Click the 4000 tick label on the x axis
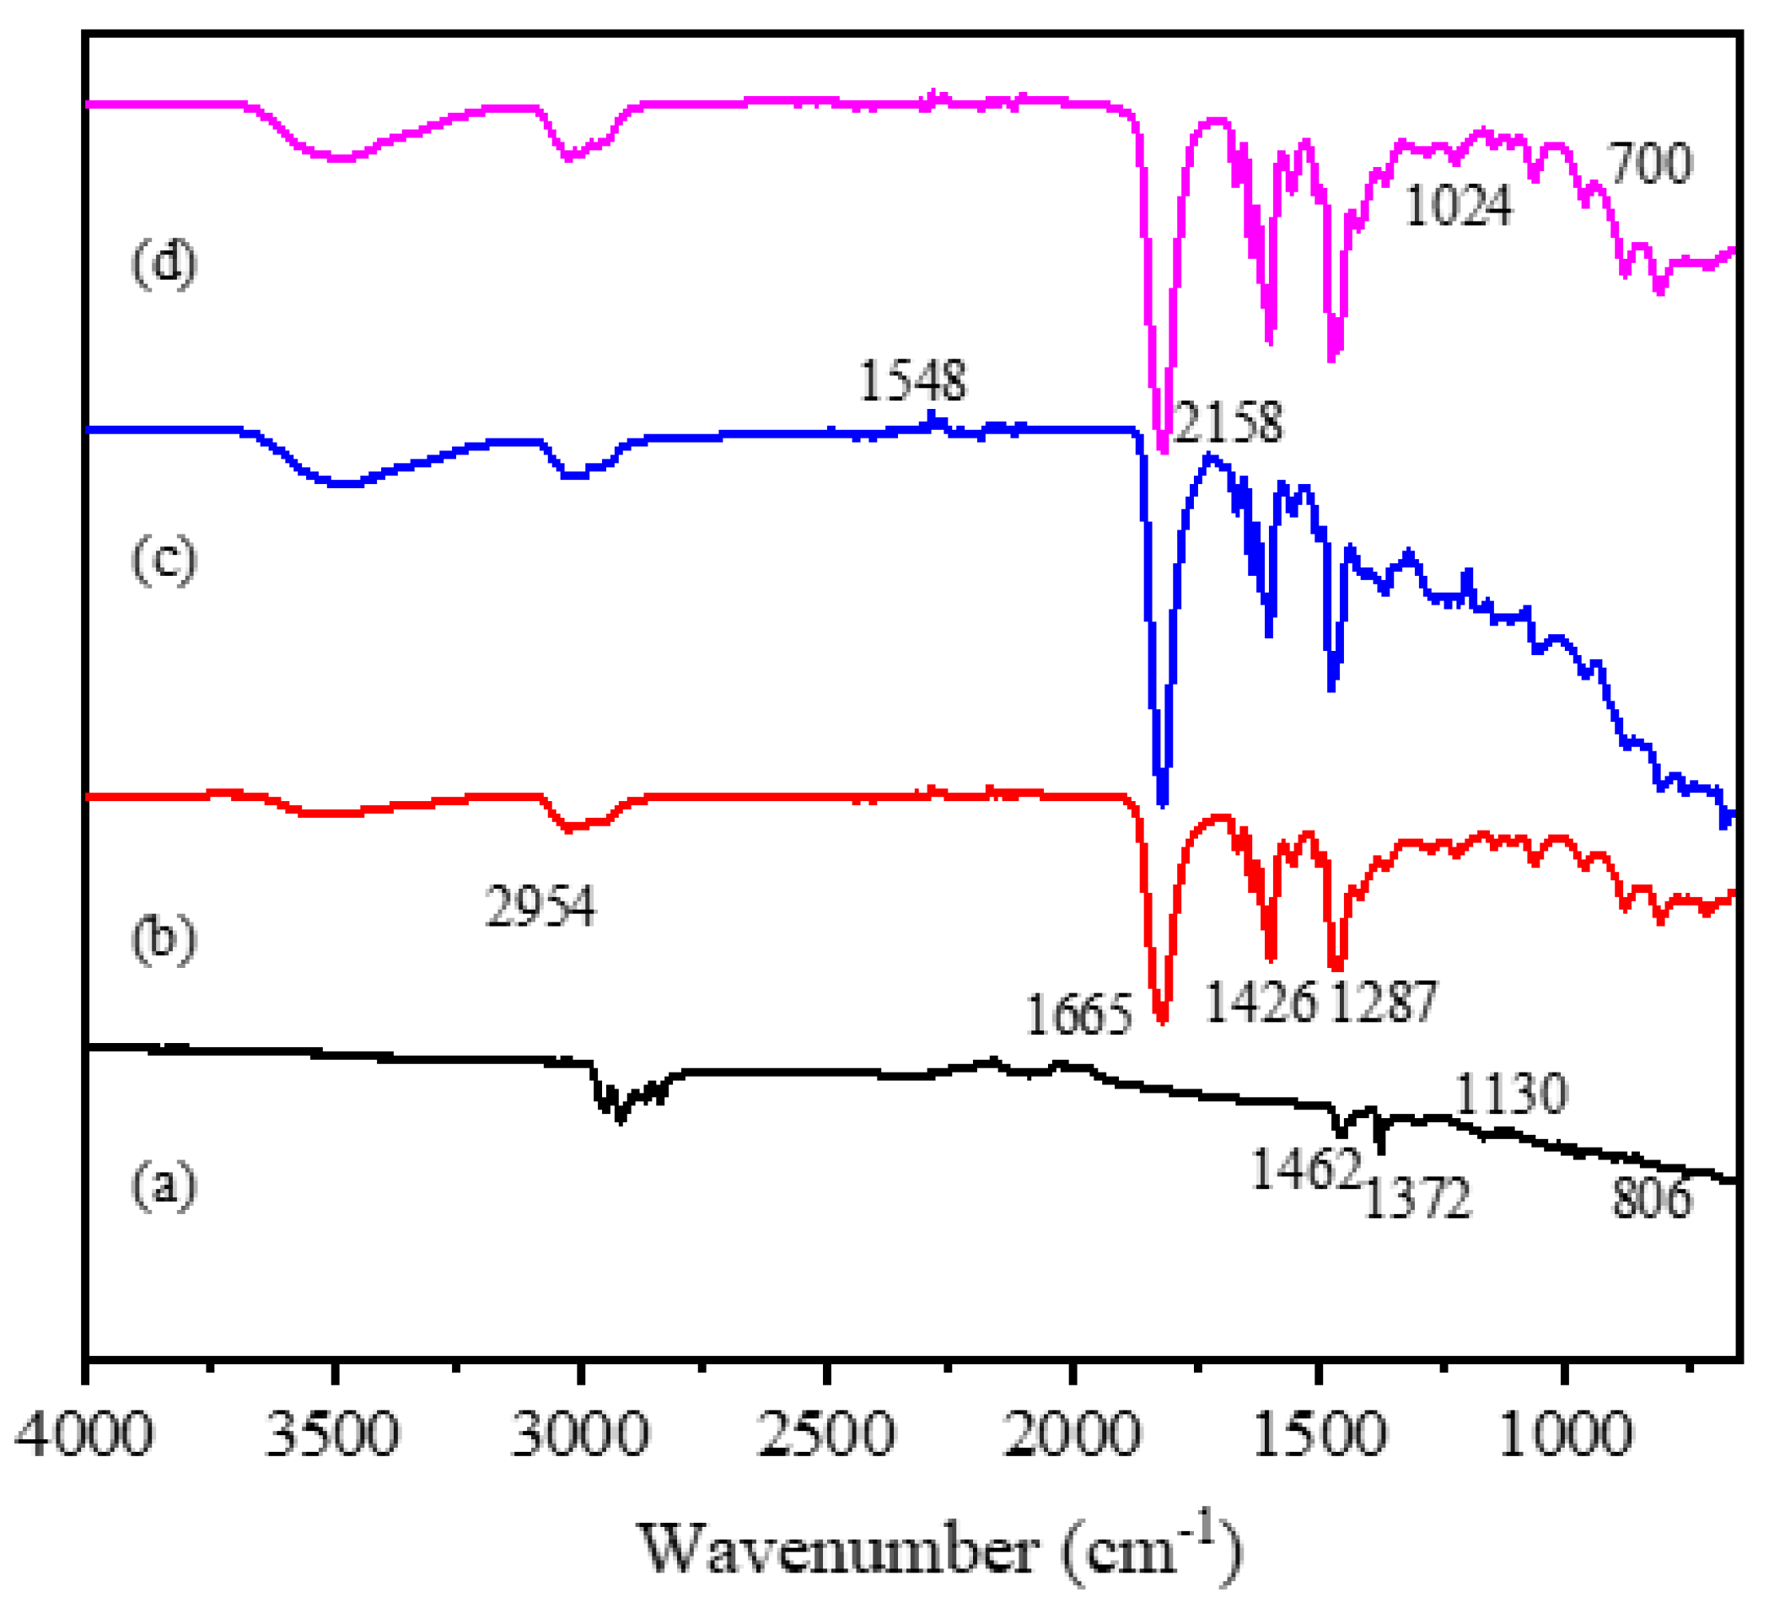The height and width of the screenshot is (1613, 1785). coord(85,1433)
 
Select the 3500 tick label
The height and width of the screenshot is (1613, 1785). coord(333,1433)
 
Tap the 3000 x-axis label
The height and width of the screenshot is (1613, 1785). coord(580,1433)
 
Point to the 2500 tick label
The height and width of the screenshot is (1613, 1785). coord(827,1433)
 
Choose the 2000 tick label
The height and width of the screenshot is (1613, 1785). coord(1073,1433)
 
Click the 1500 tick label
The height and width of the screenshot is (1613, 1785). coord(1320,1433)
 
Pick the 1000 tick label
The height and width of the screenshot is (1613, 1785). coord(1566,1433)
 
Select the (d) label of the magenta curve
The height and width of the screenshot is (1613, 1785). coord(164,263)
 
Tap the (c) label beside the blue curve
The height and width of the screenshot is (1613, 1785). coord(164,560)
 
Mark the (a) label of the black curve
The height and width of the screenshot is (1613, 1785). coord(164,1185)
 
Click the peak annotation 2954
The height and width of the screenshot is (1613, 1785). coord(540,906)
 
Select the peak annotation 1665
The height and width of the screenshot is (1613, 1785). coord(1078,1014)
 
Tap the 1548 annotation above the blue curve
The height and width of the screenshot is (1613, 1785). coord(912,380)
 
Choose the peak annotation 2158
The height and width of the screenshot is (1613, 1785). coord(1227,422)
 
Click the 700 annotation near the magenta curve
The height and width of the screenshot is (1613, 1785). coord(1649,164)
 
